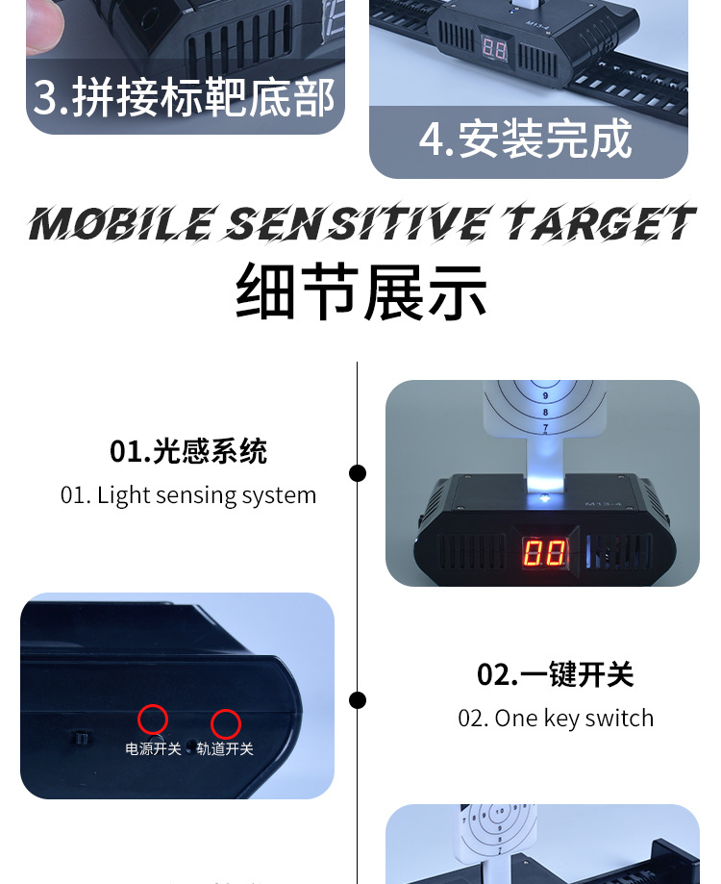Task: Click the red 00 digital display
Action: click(543, 552)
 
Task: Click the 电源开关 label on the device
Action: click(153, 748)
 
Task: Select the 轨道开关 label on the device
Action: click(225, 748)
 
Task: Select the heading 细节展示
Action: click(361, 292)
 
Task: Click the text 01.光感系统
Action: click(188, 451)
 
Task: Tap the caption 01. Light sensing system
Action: click(188, 495)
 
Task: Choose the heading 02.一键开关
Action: click(556, 674)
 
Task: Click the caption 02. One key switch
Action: click(556, 719)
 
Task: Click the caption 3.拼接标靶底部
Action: click(185, 97)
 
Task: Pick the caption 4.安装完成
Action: click(526, 139)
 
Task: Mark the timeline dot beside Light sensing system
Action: click(358, 473)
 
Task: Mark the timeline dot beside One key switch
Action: click(358, 700)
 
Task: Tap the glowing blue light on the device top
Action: click(545, 498)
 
